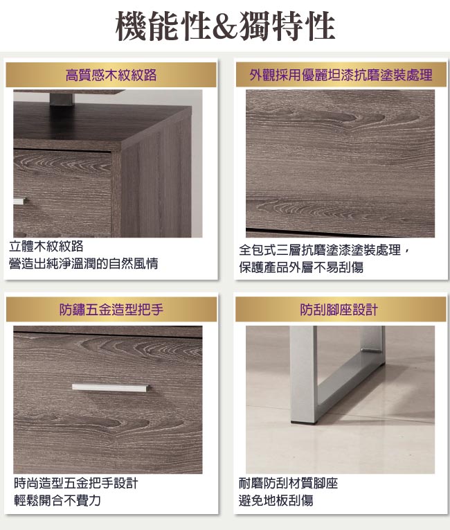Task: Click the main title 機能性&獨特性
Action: (225, 26)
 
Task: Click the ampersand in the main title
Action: (225, 28)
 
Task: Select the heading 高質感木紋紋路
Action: (111, 75)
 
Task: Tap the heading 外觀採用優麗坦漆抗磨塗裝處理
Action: (341, 75)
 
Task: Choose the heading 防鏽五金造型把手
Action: (111, 309)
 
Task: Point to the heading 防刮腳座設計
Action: (339, 309)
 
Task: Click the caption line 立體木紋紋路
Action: (46, 246)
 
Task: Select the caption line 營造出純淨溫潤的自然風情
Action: (84, 263)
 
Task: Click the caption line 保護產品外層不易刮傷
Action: (301, 267)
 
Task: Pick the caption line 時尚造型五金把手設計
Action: (76, 483)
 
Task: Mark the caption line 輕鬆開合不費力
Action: (57, 500)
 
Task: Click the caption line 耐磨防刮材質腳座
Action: (288, 483)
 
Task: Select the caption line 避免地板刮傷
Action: (276, 500)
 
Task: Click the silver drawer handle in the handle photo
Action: (111, 388)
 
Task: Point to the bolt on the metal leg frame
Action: (369, 350)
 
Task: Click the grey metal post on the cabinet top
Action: (62, 99)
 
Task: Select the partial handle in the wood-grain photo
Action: (19, 201)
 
